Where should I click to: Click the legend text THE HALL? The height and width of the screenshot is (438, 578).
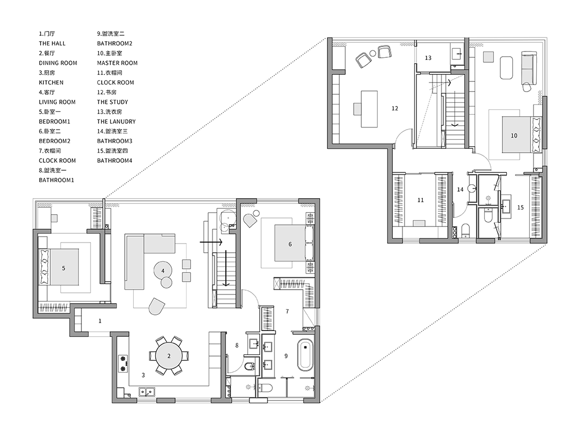coord(52,43)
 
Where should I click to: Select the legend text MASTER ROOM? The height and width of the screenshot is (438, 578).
coord(117,63)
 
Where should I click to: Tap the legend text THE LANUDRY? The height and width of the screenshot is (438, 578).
coord(117,122)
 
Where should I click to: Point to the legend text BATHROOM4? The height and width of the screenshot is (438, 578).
coord(115,161)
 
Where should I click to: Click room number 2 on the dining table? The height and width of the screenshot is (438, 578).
coord(169,356)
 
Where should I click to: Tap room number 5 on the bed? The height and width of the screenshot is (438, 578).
coord(63,268)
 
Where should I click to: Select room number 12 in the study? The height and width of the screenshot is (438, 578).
coord(395,108)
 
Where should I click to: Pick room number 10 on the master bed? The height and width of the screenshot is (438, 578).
coord(514,135)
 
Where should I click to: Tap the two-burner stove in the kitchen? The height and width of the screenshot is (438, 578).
coord(123,363)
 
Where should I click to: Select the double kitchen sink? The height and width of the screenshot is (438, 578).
coord(147,392)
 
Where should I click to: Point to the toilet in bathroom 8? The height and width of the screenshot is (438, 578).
coord(249,366)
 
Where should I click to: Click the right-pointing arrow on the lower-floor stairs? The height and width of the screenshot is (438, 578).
coord(211,242)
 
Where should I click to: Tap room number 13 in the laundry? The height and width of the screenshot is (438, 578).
coord(428,58)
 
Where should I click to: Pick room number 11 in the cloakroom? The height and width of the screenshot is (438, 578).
coord(421,200)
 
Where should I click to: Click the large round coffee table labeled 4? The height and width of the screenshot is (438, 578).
coord(163,271)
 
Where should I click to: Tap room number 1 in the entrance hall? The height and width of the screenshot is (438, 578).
coord(100,321)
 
